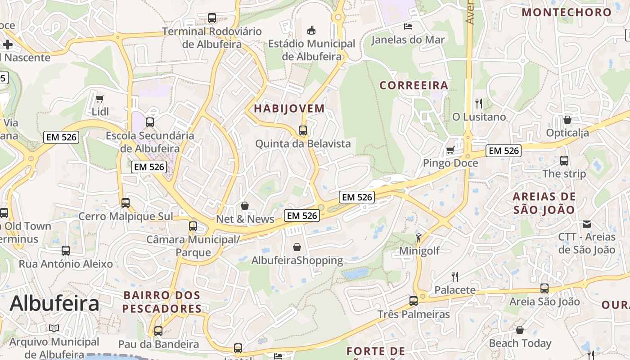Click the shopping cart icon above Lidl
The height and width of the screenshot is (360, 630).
pos(99,98)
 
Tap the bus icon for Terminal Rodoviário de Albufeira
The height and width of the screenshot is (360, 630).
pos(211,18)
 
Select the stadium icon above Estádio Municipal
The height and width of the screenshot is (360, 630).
pos(311,30)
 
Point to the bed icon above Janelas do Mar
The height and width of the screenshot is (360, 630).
pos(408,26)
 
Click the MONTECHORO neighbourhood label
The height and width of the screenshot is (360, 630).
pos(567,12)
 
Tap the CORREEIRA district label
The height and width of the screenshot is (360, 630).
pos(414,85)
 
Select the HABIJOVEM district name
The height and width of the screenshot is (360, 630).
pos(289,108)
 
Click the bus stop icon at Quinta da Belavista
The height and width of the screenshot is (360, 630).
pos(303,130)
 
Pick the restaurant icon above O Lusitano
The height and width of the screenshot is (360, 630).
pos(479,103)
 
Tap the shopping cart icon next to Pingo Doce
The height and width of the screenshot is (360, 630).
pos(450,150)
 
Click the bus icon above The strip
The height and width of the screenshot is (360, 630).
pos(564,160)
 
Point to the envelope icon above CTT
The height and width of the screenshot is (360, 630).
pos(587,224)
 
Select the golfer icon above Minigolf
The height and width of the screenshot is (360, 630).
pos(419,237)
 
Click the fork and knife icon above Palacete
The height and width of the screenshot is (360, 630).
pos(455,276)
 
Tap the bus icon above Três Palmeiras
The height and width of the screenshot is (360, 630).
pos(414,301)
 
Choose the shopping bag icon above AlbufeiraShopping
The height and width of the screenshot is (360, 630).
pos(297,247)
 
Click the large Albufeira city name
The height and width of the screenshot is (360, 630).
pos(54,303)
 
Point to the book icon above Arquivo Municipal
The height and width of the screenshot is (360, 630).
pos(54,328)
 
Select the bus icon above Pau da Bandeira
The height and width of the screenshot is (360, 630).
pos(158,331)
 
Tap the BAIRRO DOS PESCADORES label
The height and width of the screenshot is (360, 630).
pos(162,302)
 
